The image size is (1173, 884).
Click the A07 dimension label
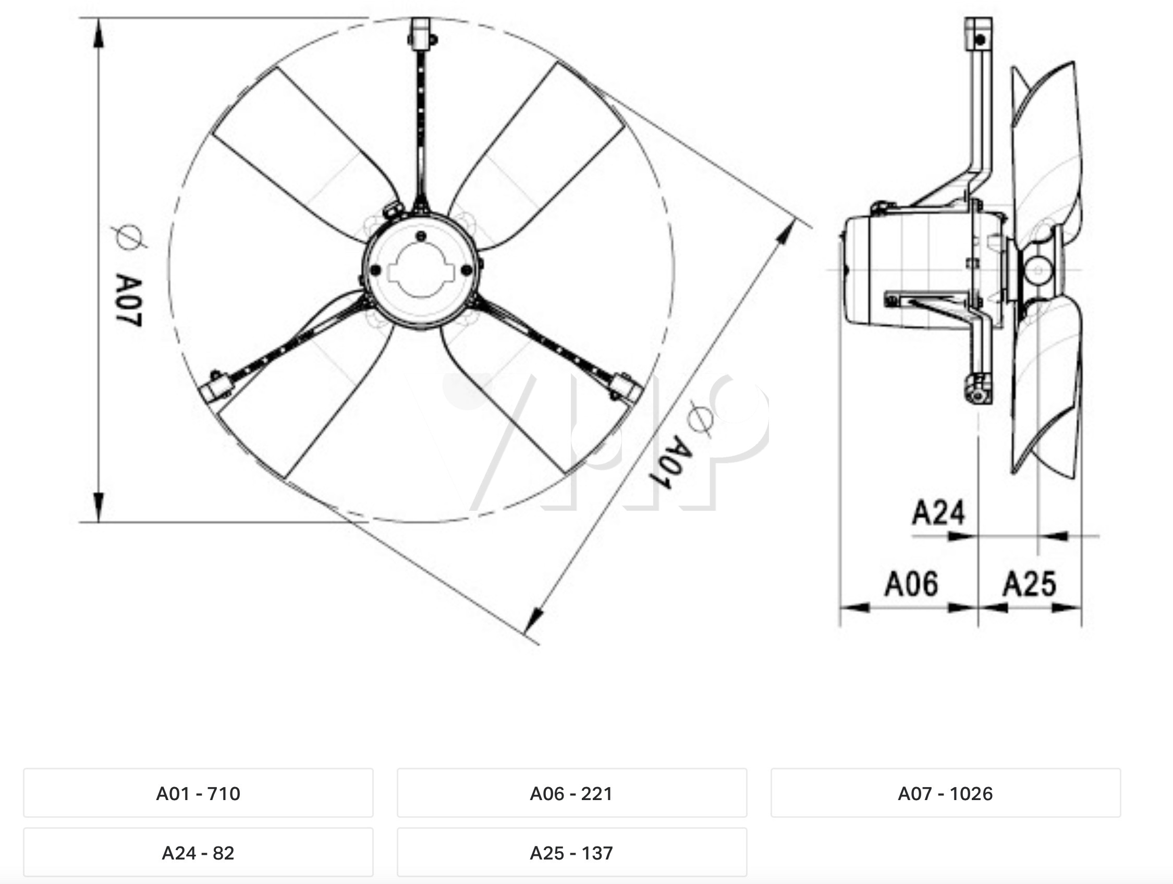pos(129,301)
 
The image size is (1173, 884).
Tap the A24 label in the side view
pos(938,513)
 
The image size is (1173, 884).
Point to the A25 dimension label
pos(1029,583)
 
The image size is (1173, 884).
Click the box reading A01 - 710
pos(198,793)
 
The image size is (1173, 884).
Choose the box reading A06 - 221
pos(572,793)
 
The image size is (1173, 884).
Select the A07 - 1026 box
pos(946,793)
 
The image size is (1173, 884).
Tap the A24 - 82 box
pos(198,853)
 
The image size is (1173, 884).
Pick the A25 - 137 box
pos(572,853)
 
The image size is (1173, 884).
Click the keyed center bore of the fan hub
pos(422,272)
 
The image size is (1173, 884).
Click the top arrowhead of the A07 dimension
pos(98,35)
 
